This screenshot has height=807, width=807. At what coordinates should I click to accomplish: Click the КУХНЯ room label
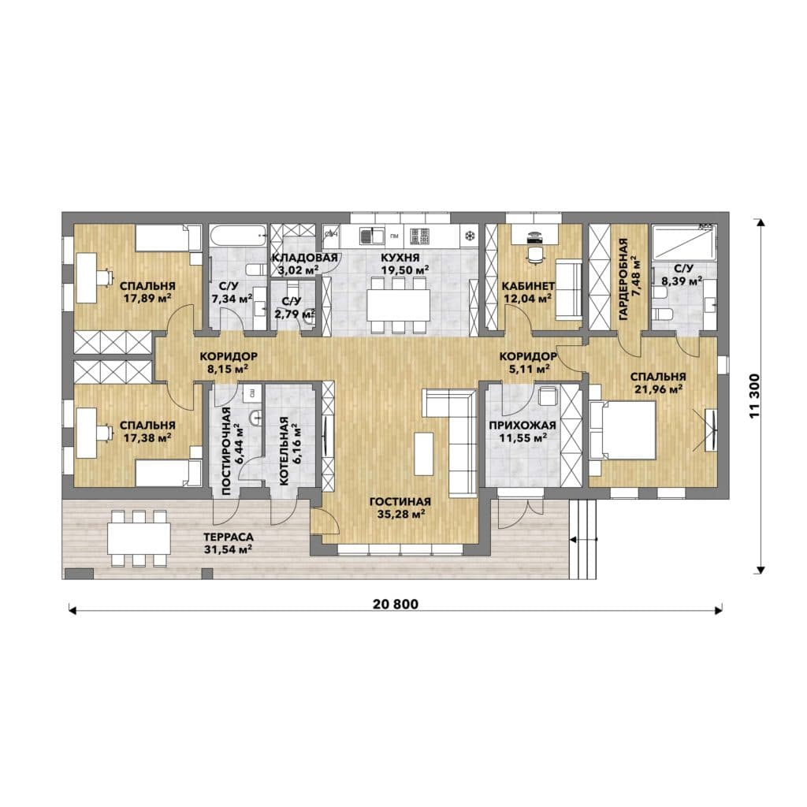tap(400, 258)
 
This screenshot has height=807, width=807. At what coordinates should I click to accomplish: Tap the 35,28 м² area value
tap(400, 514)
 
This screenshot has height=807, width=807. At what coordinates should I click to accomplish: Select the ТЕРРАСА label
tap(228, 537)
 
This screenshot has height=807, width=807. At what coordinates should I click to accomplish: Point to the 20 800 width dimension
tap(396, 604)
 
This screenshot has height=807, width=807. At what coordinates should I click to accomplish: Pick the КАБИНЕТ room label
tap(528, 285)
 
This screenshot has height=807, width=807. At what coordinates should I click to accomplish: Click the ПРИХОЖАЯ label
tap(522, 425)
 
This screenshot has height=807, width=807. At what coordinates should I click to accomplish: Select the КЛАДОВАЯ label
tap(304, 258)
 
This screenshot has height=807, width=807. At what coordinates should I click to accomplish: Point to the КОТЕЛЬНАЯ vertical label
tap(284, 450)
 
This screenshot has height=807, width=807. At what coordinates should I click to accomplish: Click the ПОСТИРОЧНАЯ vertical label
tap(226, 451)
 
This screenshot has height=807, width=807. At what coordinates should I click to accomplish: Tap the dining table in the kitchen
tap(398, 306)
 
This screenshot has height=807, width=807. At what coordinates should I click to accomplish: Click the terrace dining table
tap(139, 538)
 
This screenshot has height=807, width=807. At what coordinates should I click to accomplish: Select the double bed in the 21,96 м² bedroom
tap(622, 430)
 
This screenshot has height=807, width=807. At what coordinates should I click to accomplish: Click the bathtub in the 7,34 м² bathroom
tap(238, 236)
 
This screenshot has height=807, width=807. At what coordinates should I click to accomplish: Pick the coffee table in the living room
tap(423, 453)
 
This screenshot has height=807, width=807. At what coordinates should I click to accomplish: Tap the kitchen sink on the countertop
tap(372, 236)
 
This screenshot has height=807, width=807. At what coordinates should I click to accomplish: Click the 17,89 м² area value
tap(147, 298)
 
